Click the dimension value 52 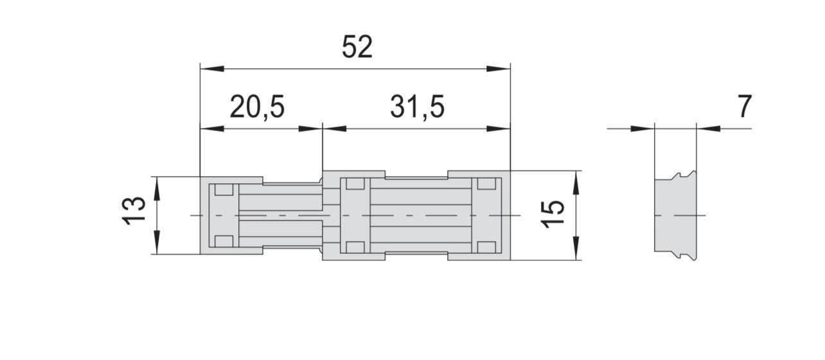(x=357, y=47)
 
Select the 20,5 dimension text (x=257, y=107)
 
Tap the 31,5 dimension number (x=417, y=107)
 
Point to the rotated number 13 (x=134, y=211)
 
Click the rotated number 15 (x=553, y=213)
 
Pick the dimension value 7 (x=745, y=107)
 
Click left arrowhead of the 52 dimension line (x=212, y=69)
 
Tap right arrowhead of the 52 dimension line (x=499, y=69)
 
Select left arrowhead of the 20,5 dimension (x=212, y=129)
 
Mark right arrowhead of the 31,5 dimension (x=499, y=129)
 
